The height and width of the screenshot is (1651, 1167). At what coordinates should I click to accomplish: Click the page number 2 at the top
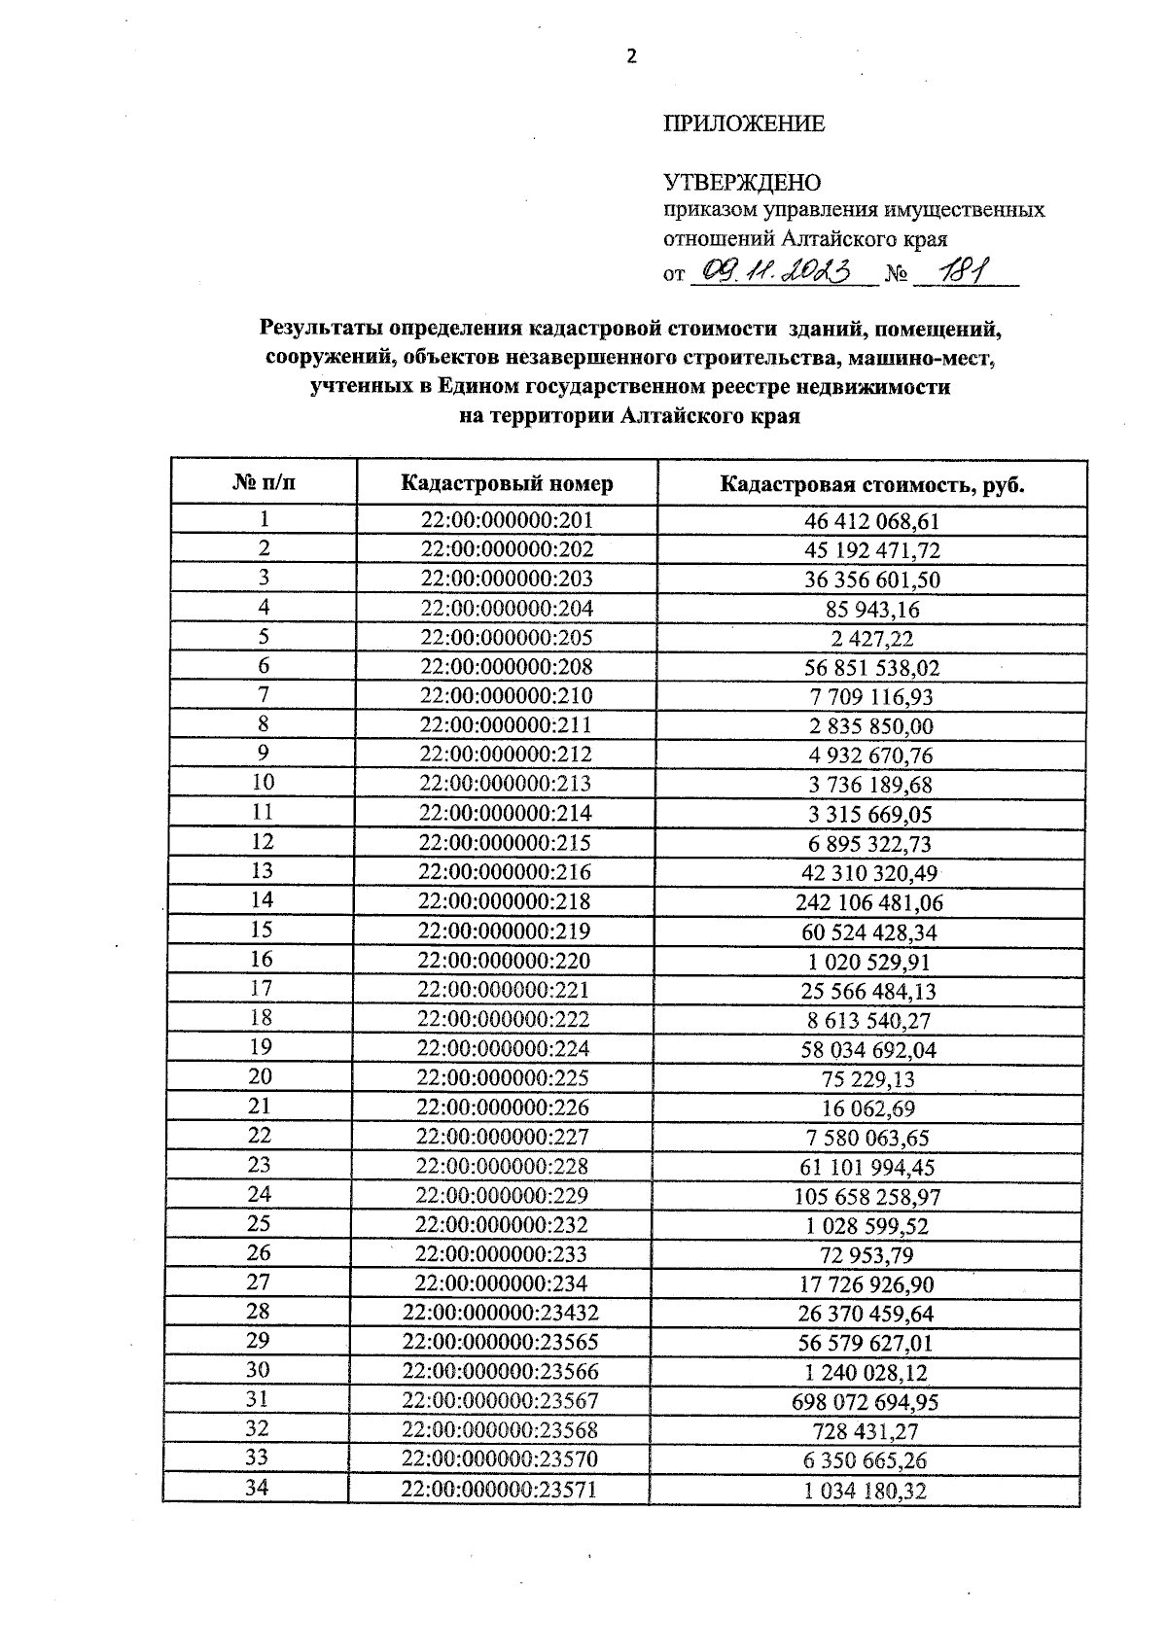(631, 56)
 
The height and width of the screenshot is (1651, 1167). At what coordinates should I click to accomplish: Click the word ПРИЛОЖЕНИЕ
(743, 124)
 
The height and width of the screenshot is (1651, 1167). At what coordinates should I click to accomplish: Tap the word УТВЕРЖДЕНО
(741, 183)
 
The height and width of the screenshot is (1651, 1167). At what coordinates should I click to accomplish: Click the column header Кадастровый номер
(507, 483)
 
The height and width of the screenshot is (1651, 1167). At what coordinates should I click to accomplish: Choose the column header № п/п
(264, 483)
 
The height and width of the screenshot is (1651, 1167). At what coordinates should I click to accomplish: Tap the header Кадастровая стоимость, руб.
(871, 484)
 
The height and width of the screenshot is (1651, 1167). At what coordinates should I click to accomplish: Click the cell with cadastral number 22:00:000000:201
(507, 520)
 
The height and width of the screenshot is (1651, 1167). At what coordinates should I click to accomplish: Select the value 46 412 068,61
(871, 521)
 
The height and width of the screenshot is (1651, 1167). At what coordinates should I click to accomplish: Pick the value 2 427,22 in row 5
(871, 639)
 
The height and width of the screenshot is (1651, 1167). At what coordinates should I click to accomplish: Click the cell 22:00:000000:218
(505, 901)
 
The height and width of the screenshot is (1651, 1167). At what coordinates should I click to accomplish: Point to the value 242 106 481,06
(869, 903)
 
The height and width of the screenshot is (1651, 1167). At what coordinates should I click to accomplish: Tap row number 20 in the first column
(261, 1076)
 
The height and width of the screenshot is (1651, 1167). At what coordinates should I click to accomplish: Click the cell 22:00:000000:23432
(502, 1312)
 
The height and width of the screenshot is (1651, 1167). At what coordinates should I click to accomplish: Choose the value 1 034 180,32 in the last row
(866, 1491)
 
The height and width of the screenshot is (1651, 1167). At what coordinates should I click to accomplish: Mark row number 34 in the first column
(258, 1487)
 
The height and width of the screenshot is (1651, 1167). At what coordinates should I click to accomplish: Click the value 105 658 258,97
(868, 1197)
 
